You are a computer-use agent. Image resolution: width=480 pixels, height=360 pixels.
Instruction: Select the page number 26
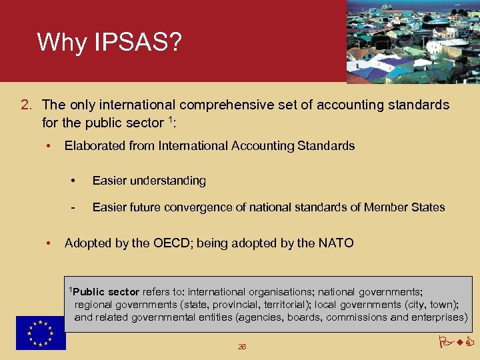coord(241,347)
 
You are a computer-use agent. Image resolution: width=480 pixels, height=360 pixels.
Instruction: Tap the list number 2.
coord(26,105)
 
